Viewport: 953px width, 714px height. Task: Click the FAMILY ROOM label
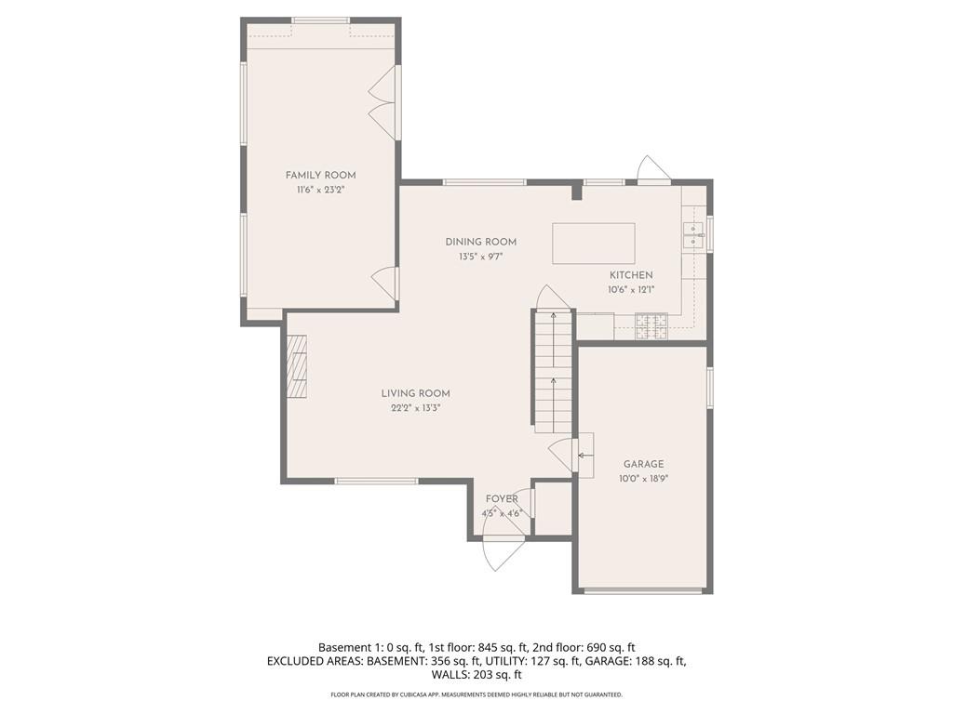point(320,175)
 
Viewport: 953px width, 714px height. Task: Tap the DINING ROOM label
point(480,242)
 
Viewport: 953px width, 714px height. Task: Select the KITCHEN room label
point(631,275)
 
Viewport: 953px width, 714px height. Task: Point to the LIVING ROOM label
point(415,393)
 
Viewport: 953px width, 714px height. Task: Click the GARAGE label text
point(643,464)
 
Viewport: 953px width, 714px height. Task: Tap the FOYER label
point(502,499)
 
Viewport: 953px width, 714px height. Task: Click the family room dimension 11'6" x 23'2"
point(320,190)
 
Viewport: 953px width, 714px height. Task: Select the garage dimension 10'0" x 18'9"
point(644,479)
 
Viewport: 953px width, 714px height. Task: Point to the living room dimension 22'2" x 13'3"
point(415,408)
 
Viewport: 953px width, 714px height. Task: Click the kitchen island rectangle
point(594,244)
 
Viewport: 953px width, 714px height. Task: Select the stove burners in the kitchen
point(651,327)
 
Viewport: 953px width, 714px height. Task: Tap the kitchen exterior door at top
point(653,170)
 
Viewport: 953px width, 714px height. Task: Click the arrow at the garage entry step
point(585,456)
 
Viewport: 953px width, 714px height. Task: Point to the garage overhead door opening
point(643,590)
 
